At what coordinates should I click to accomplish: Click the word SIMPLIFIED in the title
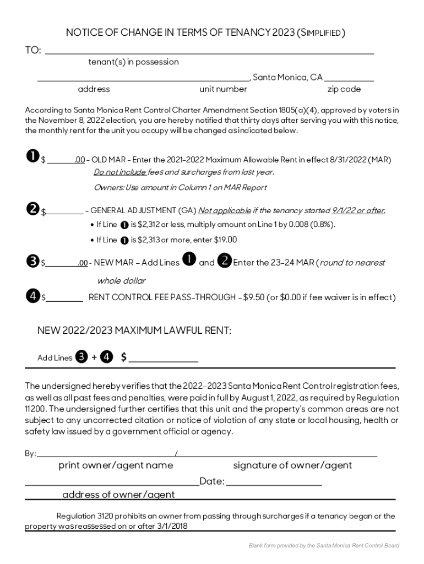tap(322, 33)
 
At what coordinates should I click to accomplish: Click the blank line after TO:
tap(209, 51)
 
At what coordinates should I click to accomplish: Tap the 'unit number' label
tap(223, 89)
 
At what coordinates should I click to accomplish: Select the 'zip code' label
tap(344, 89)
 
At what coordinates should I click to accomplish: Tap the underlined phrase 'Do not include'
tap(120, 172)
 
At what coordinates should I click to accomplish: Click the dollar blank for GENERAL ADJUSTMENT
tap(64, 211)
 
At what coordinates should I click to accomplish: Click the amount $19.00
tap(225, 240)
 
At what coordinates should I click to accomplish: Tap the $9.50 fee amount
tap(253, 298)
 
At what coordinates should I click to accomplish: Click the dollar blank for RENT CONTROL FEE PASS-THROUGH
tap(64, 298)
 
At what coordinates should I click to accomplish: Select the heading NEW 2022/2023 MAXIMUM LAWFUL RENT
tap(134, 330)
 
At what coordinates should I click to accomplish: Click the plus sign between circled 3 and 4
tap(94, 357)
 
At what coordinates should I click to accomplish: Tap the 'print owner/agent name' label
tap(116, 465)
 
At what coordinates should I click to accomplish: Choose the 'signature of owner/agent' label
tap(292, 465)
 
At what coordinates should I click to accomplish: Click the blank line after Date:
tap(274, 482)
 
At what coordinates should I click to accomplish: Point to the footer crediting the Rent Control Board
tap(324, 545)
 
